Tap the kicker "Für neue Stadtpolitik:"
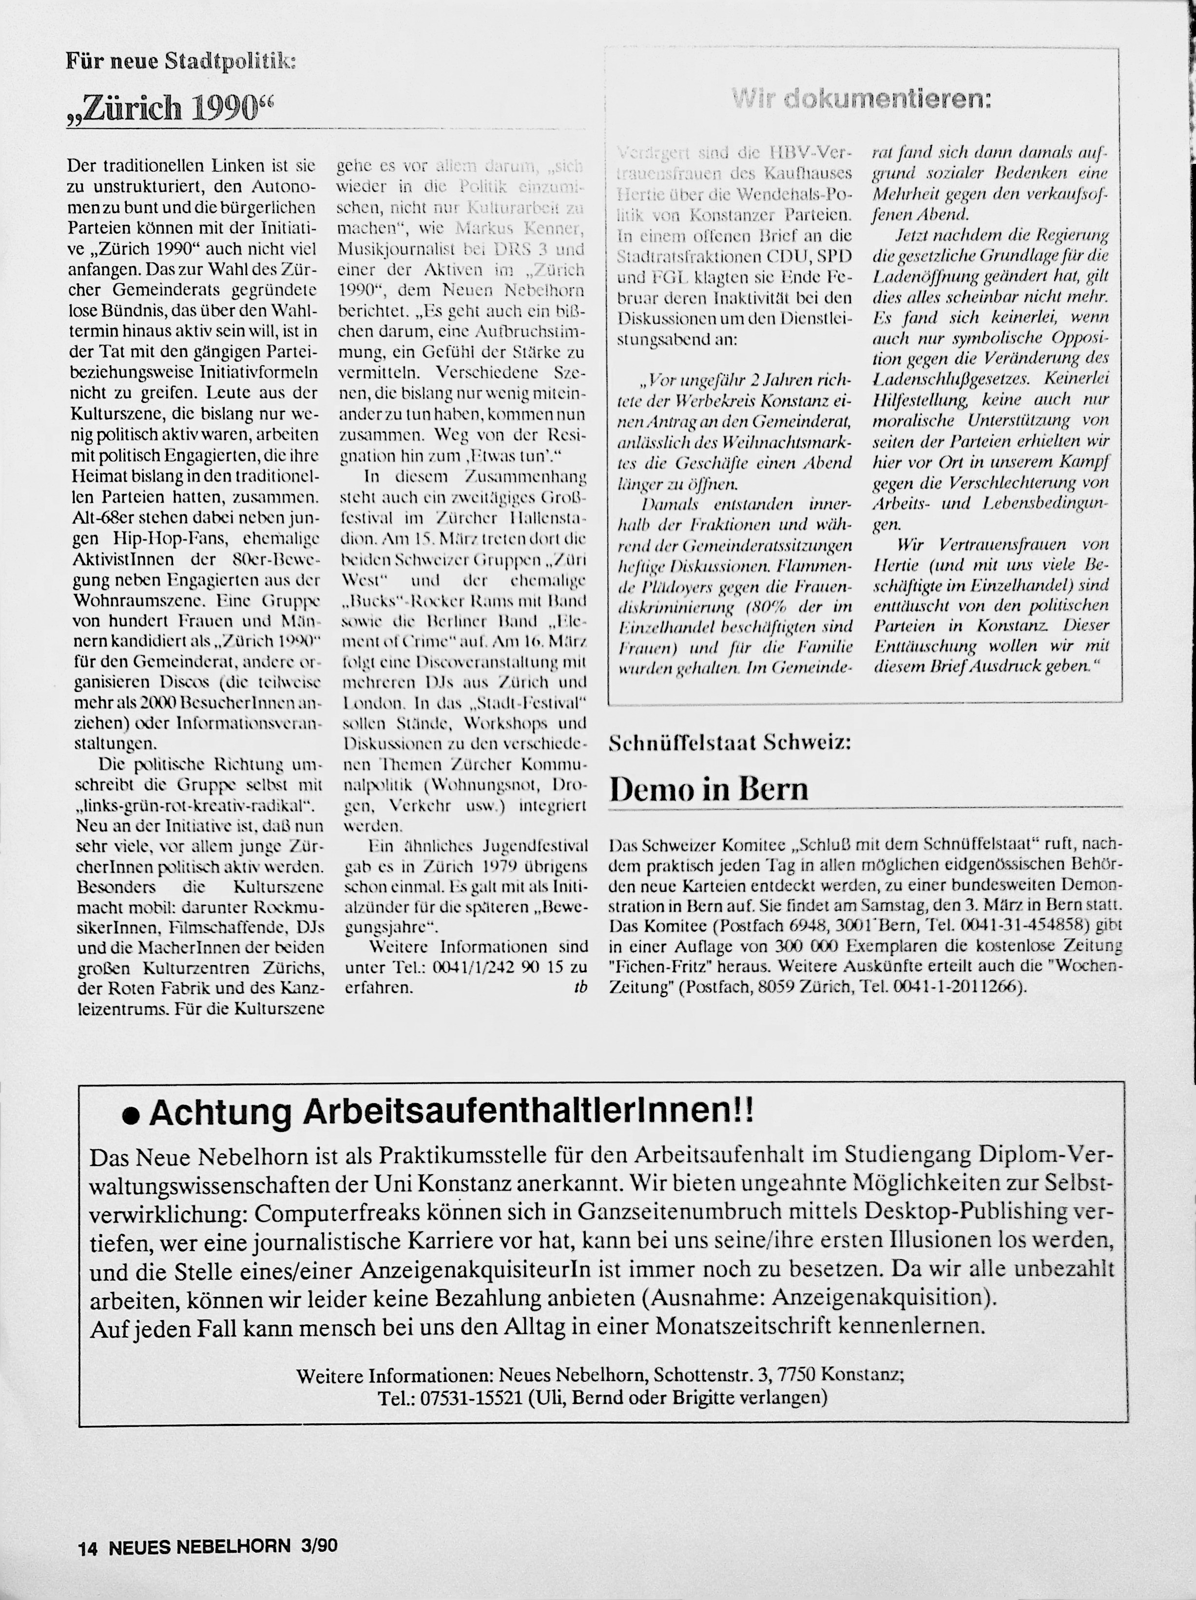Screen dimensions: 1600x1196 point(181,61)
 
